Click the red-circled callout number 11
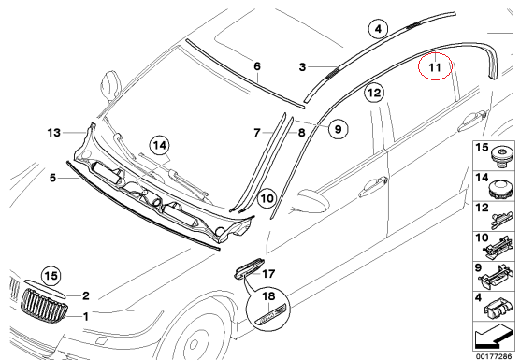pos(435,66)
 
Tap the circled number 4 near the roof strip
pos(379,29)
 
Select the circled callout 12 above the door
pos(374,93)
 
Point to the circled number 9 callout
pos(338,129)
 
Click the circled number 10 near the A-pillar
pos(267,198)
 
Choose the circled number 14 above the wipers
pos(160,145)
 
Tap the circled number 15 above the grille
pos(51,276)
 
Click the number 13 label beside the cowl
pos(54,133)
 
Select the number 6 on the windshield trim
pos(257,66)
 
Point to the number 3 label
pos(302,67)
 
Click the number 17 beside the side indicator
pos(268,274)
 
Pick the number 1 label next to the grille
pos(86,317)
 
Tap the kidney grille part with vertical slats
pos(44,305)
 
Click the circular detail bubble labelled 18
pos(268,307)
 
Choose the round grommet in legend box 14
pos(499,189)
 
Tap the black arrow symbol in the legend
pos(494,338)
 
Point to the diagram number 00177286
pos(493,356)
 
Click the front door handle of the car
pos(374,188)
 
